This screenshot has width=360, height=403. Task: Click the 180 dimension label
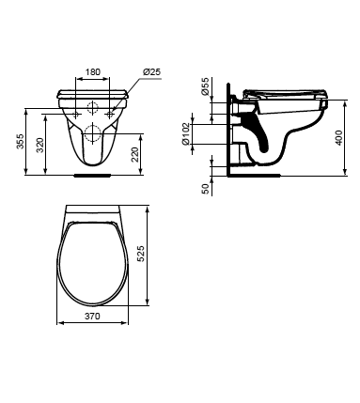[93, 71]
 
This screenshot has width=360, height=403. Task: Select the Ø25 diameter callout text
[152, 71]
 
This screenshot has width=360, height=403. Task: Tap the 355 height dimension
[20, 142]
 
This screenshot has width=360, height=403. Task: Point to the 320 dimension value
[40, 145]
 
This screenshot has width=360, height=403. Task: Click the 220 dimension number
[135, 154]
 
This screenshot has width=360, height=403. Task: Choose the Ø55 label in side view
[204, 86]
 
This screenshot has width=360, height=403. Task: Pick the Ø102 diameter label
[186, 133]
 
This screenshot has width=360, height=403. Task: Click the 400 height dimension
[338, 137]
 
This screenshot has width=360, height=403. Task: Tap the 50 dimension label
[205, 189]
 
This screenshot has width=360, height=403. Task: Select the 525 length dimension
[141, 254]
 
